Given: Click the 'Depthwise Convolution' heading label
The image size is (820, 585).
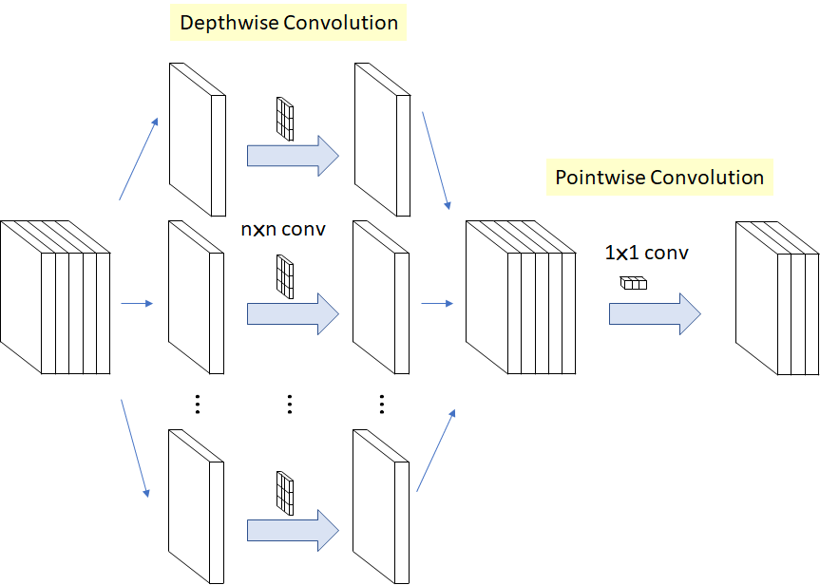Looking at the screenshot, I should tap(289, 23).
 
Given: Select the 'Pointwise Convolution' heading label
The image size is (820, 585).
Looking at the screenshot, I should tap(659, 178).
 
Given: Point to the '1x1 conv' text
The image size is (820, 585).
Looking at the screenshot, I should tap(646, 254).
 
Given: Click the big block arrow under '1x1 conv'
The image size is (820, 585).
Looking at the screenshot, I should tap(654, 313).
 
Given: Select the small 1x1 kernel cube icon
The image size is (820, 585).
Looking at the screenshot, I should tap(633, 282).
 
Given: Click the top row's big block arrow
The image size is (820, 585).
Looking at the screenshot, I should tap(293, 155).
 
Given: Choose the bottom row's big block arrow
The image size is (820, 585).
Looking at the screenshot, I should tap(293, 530).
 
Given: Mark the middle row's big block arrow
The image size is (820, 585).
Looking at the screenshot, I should tap(293, 313).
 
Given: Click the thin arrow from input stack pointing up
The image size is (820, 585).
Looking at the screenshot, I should tap(139, 160).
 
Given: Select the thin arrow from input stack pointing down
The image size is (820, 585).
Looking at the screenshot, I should tap(136, 449).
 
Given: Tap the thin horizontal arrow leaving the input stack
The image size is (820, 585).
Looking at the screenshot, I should tap(138, 304).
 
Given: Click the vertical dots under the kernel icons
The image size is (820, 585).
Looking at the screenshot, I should tap(289, 405).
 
